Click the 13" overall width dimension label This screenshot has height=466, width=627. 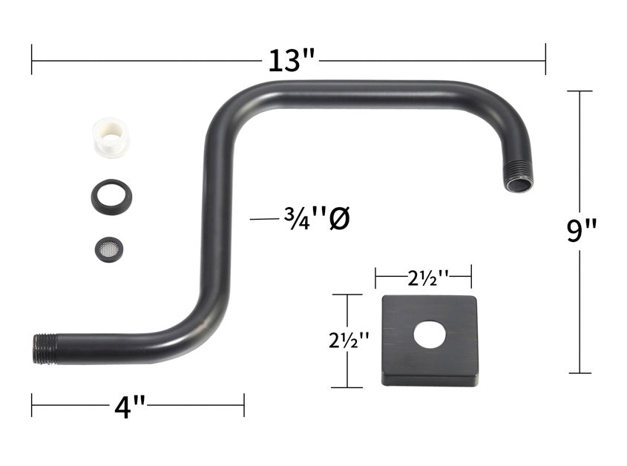pyautogui.click(x=292, y=61)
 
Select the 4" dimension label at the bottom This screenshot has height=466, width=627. pyautogui.click(x=130, y=407)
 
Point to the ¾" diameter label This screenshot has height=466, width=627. pyautogui.click(x=317, y=218)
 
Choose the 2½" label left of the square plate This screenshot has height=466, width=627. pyautogui.click(x=349, y=341)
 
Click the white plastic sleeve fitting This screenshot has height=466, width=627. pyautogui.click(x=111, y=137)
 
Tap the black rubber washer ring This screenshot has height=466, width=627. pyautogui.click(x=111, y=197)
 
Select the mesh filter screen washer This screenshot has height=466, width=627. pyautogui.click(x=109, y=249)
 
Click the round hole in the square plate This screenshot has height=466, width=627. pyautogui.click(x=430, y=334)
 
